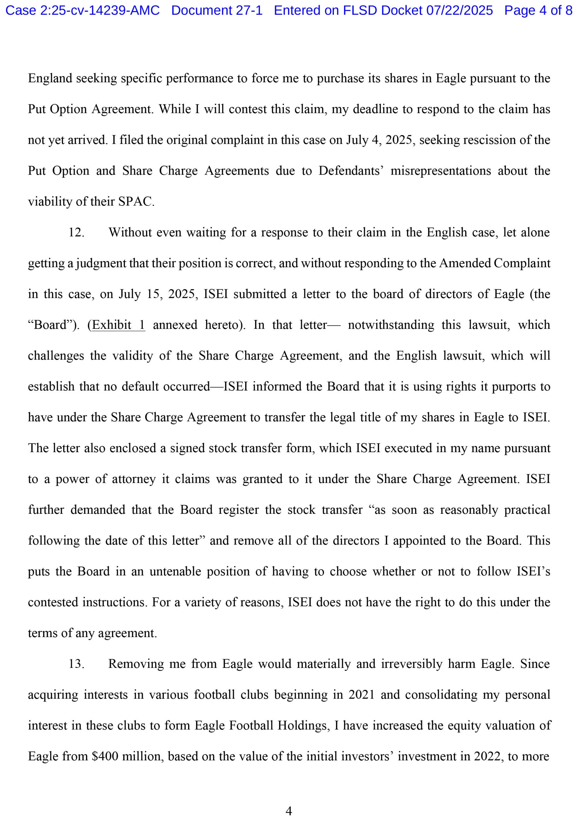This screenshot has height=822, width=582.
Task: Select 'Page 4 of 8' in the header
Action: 538,10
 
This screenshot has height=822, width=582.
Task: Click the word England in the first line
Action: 50,78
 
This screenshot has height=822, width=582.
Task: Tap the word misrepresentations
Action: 440,171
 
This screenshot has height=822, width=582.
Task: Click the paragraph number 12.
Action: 76,232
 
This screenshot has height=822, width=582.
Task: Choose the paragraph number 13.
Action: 76,664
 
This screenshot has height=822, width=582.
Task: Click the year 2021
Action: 361,695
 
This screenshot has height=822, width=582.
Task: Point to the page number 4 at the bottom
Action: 289,811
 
